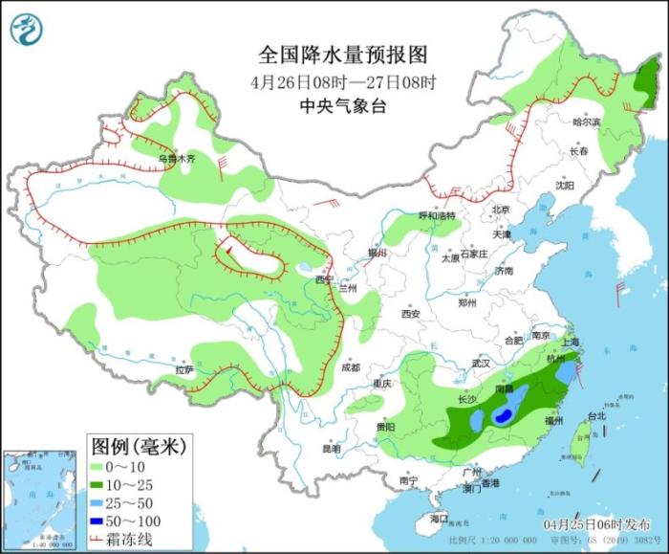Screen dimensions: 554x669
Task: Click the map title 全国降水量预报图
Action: pos(330,54)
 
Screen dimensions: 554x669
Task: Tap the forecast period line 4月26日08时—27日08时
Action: pos(330,80)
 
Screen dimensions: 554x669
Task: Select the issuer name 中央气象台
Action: pos(330,106)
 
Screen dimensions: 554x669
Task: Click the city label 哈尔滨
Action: pos(586,122)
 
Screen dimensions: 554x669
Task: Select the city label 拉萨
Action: pos(184,369)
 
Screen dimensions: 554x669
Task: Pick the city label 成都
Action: pos(350,367)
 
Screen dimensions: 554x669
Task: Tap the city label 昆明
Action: pos(331,447)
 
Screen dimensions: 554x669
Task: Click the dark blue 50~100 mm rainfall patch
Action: pos(502,416)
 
